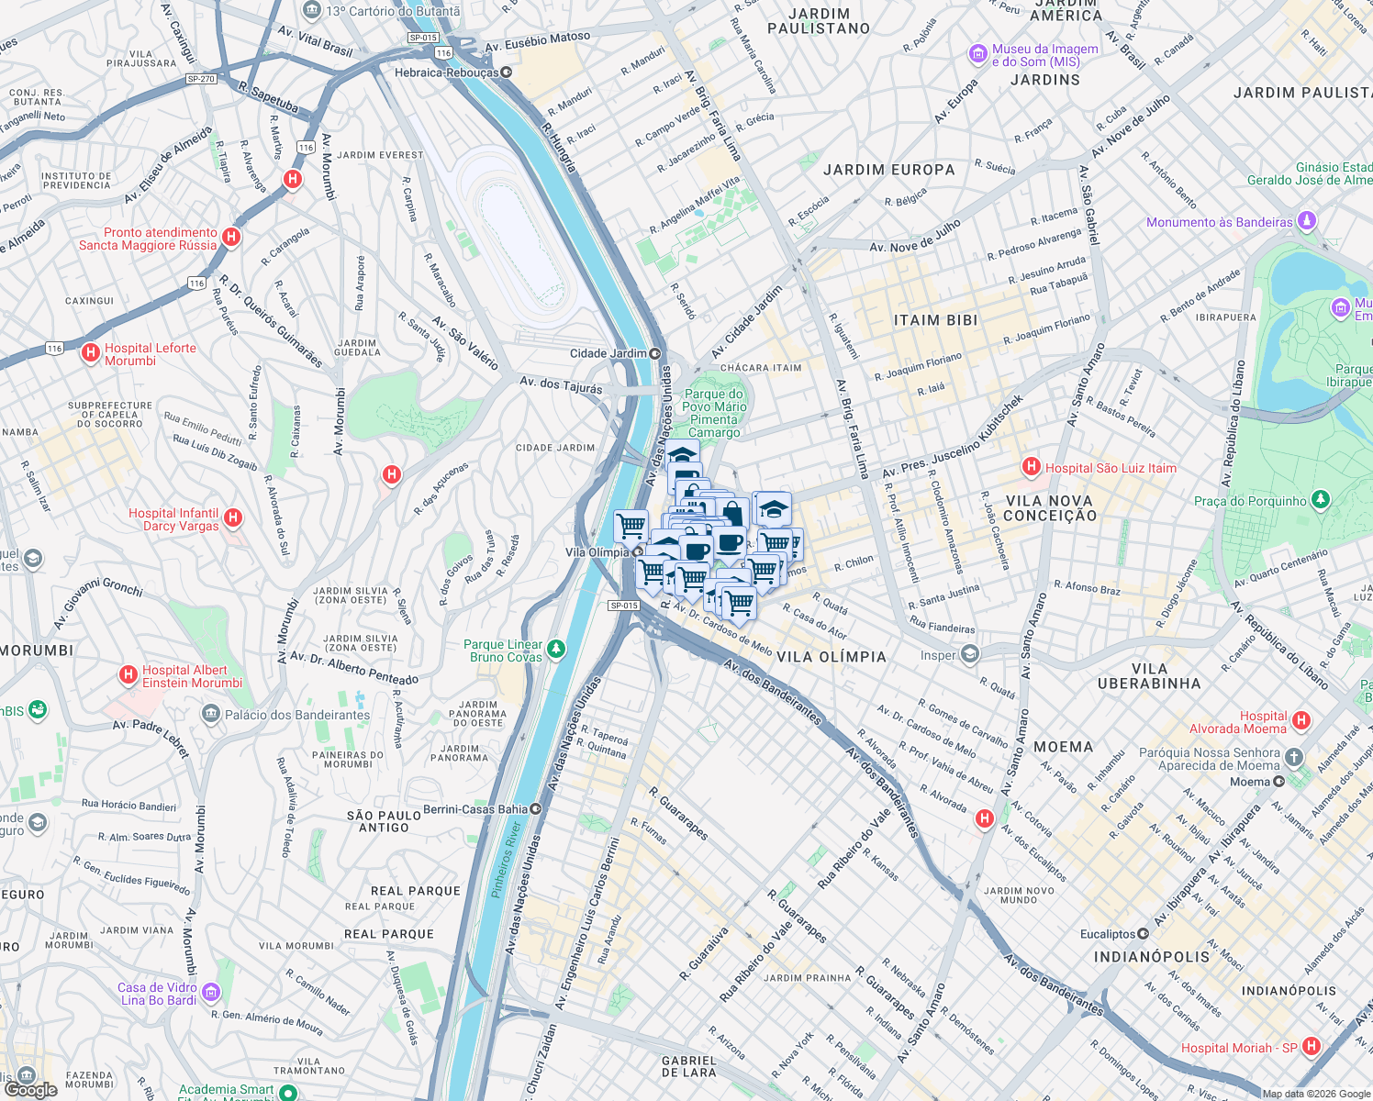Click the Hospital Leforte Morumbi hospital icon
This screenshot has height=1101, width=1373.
90,352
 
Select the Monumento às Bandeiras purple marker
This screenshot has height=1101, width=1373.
1308,221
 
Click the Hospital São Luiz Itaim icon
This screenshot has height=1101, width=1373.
1032,467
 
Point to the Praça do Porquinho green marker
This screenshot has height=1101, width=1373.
1321,500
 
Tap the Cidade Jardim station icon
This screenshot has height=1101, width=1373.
655,353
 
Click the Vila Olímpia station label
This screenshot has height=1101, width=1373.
597,552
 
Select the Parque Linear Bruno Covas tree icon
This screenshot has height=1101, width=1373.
556,651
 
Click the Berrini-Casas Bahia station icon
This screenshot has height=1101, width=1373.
536,809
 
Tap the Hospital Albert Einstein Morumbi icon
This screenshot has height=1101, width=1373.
128,675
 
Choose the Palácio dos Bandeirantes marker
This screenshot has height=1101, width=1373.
211,714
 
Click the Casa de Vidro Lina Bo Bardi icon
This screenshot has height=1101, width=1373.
211,992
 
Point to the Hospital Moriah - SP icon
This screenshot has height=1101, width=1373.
1311,1046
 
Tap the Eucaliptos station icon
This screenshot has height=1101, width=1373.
1143,934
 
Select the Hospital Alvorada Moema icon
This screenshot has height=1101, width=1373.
1300,721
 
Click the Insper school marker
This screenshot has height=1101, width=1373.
970,654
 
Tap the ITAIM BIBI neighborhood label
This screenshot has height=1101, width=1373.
935,320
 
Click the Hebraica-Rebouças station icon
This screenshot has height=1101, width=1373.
506,72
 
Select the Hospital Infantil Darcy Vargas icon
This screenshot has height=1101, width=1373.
233,518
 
